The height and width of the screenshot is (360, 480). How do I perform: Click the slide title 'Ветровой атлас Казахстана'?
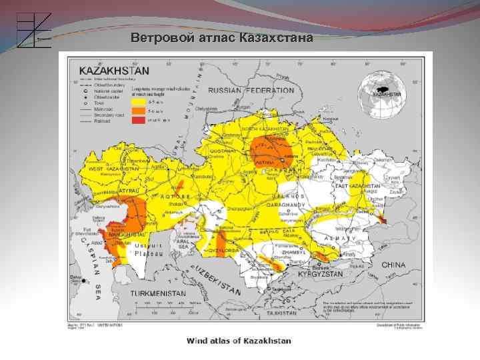click(221, 37)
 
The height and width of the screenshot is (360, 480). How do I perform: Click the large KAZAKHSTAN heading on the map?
click(115, 69)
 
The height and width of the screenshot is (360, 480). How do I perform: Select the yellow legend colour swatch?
click(138, 103)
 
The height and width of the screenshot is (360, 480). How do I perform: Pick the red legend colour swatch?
click(138, 121)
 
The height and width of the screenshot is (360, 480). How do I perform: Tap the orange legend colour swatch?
click(138, 112)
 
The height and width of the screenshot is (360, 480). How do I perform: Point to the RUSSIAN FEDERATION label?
click(251, 90)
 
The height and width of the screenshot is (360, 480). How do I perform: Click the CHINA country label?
click(393, 265)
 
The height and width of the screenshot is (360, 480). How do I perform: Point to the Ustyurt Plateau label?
click(148, 249)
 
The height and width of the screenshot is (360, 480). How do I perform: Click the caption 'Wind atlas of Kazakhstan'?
click(239, 341)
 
